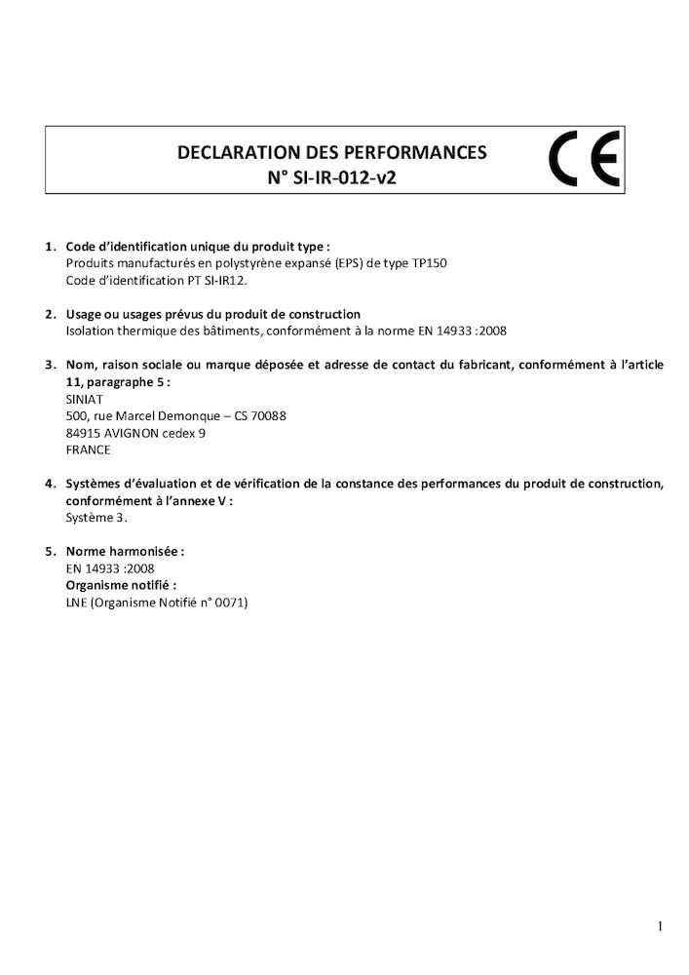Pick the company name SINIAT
point(85,399)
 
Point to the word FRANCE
point(88,449)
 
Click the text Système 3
point(96,518)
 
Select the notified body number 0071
point(233,603)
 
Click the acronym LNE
point(77,603)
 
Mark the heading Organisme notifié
point(120,585)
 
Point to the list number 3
point(49,365)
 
